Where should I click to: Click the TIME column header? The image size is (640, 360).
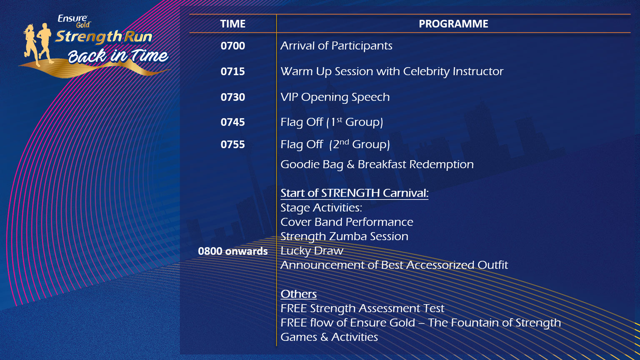pyautogui.click(x=232, y=24)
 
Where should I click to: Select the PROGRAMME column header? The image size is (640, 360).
pyautogui.click(x=453, y=24)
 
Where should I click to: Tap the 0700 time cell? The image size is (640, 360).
pyautogui.click(x=232, y=46)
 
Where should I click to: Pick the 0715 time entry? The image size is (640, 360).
pyautogui.click(x=232, y=71)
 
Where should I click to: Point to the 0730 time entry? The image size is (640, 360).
pyautogui.click(x=232, y=97)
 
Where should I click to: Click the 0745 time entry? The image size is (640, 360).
pyautogui.click(x=232, y=122)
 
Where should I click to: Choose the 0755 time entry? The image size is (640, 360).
pyautogui.click(x=232, y=145)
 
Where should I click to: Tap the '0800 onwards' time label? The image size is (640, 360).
pyautogui.click(x=232, y=251)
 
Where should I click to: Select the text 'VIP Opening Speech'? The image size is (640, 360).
pyautogui.click(x=335, y=97)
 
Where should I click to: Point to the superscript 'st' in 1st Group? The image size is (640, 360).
pyautogui.click(x=339, y=120)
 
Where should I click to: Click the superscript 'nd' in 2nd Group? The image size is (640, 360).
pyautogui.click(x=344, y=142)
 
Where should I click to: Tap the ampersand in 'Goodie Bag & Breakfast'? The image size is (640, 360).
pyautogui.click(x=350, y=165)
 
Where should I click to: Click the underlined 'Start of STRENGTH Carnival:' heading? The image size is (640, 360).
pyautogui.click(x=354, y=193)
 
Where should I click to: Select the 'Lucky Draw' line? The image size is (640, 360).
pyautogui.click(x=312, y=251)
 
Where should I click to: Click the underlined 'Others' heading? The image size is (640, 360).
pyautogui.click(x=299, y=294)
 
